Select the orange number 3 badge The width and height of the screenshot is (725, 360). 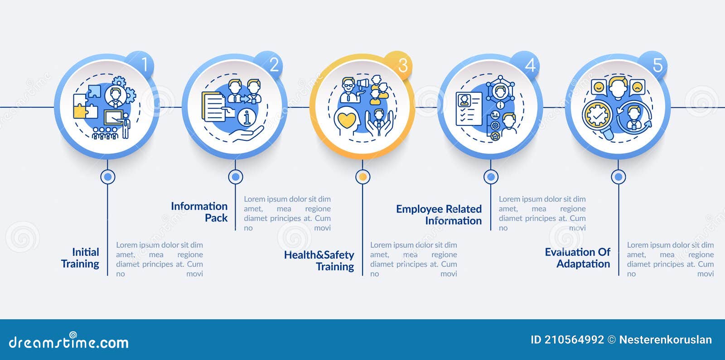[x=398, y=65]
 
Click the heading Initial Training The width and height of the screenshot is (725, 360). [x=80, y=258]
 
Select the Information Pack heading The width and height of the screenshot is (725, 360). [x=199, y=212]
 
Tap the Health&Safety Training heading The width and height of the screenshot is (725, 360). [x=319, y=260]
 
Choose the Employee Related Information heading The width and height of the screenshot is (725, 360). [x=439, y=215]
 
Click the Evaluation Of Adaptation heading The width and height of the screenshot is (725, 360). [x=578, y=258]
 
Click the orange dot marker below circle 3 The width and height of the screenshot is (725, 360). [x=363, y=177]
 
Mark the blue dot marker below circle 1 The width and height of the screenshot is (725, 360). [x=108, y=177]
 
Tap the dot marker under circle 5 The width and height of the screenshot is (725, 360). [x=619, y=177]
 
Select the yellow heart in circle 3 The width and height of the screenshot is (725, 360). [x=346, y=120]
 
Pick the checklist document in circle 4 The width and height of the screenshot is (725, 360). [x=469, y=109]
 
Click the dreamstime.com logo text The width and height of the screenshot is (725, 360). [x=68, y=341]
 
